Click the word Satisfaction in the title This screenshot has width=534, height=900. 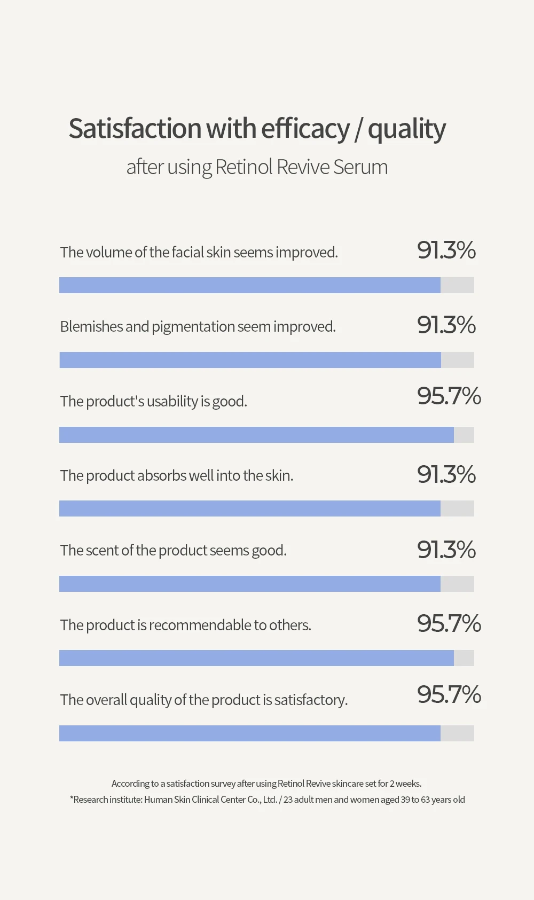click(x=135, y=129)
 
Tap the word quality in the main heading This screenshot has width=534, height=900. click(x=406, y=130)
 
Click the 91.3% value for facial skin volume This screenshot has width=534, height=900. click(x=446, y=251)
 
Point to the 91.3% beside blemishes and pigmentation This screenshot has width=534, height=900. click(x=446, y=325)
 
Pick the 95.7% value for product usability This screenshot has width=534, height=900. click(x=449, y=396)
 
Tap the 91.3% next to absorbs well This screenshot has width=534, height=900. click(x=446, y=475)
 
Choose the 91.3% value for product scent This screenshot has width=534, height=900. click(x=446, y=550)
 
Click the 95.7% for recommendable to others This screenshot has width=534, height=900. click(x=449, y=624)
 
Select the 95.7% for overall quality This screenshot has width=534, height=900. click(x=449, y=695)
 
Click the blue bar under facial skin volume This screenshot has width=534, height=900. click(x=249, y=285)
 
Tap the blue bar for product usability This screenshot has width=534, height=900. click(x=256, y=435)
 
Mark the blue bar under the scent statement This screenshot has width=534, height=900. click(x=249, y=584)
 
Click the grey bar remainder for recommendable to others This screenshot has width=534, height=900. click(x=464, y=658)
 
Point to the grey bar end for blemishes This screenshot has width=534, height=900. click(x=458, y=360)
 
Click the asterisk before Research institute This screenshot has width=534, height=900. click(x=72, y=799)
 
